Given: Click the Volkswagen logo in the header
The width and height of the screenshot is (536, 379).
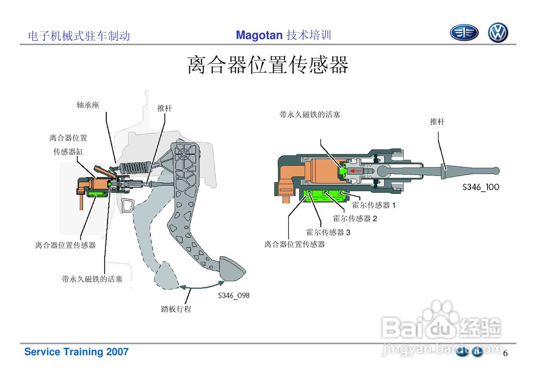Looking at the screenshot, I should (497, 33).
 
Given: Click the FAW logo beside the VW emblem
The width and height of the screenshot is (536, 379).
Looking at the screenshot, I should (464, 33).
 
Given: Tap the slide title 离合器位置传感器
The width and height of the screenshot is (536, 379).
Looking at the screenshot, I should (268, 65).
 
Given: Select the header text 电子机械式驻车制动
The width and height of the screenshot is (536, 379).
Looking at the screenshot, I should (79, 36).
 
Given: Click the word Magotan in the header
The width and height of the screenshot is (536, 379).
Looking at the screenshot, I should (259, 35).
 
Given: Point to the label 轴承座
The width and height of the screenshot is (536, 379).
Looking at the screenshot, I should (88, 105).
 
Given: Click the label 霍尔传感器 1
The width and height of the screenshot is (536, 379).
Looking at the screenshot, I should (374, 205).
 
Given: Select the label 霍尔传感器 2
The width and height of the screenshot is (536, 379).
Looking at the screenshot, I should (355, 218).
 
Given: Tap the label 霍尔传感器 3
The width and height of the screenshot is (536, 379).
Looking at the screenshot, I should (328, 232).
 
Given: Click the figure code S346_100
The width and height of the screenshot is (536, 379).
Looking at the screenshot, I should (481, 187).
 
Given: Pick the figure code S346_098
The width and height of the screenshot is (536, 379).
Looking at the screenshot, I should (233, 295).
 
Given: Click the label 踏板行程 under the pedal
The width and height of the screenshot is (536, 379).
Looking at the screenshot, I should (176, 309).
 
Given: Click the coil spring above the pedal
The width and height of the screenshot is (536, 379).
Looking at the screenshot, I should (134, 168).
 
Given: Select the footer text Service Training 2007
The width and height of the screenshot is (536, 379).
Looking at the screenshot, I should (76, 352).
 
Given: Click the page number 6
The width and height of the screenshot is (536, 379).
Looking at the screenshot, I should (505, 353).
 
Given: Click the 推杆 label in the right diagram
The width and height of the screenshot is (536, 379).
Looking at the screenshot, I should (437, 122).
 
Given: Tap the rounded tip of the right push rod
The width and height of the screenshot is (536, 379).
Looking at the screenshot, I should (496, 170).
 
